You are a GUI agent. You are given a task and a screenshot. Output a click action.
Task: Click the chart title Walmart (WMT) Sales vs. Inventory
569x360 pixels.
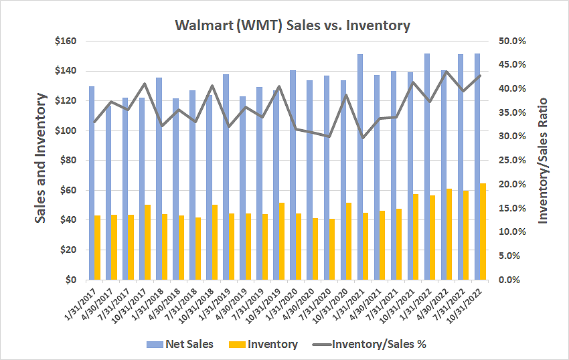pyautogui.click(x=292, y=26)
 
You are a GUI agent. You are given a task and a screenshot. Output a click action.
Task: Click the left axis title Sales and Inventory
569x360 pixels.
pyautogui.click(x=41, y=159)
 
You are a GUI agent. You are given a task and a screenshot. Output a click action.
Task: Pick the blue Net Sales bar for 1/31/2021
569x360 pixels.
pyautogui.click(x=359, y=167)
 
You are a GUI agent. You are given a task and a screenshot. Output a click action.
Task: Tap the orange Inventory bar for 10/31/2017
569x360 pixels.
pyautogui.click(x=147, y=242)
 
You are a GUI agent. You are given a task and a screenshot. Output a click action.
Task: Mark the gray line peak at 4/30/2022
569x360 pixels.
pyautogui.click(x=446, y=71)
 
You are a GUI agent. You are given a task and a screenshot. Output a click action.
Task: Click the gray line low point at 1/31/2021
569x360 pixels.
pyautogui.click(x=362, y=138)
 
